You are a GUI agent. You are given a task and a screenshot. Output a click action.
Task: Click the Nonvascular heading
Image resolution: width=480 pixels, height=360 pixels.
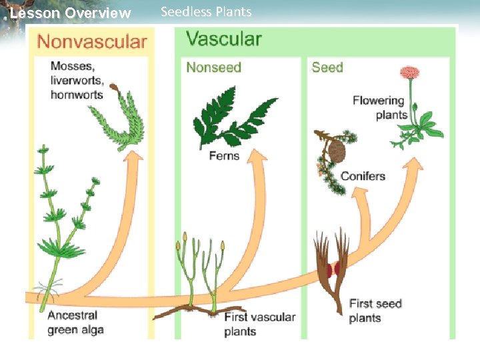tap(92, 41)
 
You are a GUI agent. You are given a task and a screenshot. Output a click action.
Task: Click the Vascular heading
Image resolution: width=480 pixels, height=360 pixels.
tap(224, 38)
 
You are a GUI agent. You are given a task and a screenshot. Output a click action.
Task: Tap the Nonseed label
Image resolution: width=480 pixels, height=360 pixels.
tap(213, 67)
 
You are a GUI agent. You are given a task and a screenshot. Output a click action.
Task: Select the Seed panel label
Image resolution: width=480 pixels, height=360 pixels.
tap(327, 67)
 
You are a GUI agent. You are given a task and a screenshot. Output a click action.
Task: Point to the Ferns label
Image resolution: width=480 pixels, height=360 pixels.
tap(224, 156)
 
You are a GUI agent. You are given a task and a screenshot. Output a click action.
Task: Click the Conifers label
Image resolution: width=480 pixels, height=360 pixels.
tap(363, 177)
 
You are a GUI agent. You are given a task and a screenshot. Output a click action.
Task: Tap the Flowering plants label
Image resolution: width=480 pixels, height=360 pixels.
tap(379, 107)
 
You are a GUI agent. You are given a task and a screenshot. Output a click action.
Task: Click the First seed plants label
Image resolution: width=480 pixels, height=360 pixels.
tap(375, 311)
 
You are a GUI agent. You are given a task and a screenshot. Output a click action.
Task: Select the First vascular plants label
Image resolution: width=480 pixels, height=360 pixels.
tap(259, 324)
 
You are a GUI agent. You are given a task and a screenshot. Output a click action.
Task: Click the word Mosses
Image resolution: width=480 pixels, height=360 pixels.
tap(73, 67)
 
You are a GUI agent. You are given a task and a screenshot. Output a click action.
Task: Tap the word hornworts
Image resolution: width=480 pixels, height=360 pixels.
tap(77, 95)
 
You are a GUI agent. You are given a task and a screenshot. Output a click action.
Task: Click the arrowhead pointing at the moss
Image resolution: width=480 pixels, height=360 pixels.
tap(135, 158)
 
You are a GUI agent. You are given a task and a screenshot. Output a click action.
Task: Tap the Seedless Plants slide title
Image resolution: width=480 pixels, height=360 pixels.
tap(206, 12)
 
